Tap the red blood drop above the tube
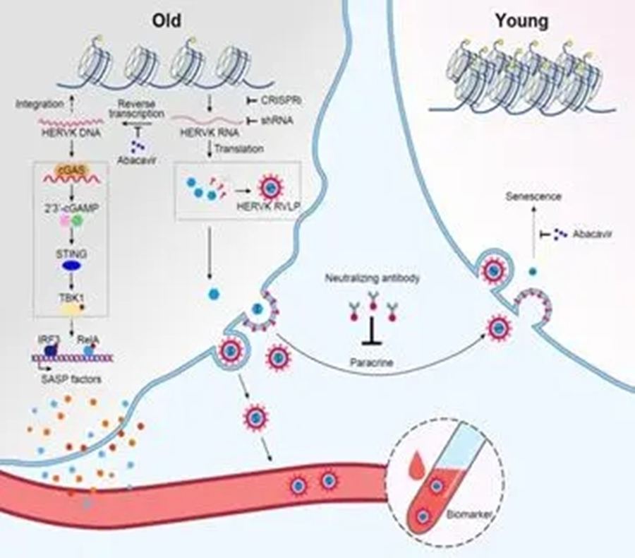click(x=416, y=465)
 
